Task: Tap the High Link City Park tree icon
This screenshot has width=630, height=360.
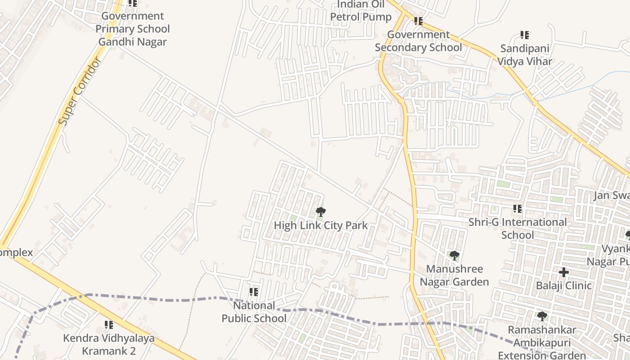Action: pos(320,211)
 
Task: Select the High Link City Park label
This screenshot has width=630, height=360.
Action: pos(321,225)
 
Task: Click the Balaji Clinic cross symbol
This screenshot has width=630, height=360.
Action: pos(563,272)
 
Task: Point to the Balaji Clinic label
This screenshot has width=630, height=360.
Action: pos(563,286)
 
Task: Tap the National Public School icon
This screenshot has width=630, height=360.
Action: pos(254,292)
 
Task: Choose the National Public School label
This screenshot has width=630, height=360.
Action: pos(254,312)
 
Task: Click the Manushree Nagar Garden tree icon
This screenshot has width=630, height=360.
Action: pos(454,256)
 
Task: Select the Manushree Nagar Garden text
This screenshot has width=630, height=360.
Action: pos(454,275)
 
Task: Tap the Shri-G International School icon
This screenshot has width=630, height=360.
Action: pos(517,209)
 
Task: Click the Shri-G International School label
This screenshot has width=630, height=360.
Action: pos(517,229)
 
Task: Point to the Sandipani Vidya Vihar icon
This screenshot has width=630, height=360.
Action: pos(524,35)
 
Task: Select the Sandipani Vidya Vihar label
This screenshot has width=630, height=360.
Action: pos(524,54)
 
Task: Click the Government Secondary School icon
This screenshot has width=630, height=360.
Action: pos(418,21)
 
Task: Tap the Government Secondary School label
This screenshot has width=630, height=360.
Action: pos(418,41)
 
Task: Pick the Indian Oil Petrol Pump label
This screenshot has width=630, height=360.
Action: pos(361,11)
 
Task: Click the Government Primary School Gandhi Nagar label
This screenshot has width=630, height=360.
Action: pos(133,29)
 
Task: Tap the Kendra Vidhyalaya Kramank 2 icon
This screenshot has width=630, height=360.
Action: pos(108,325)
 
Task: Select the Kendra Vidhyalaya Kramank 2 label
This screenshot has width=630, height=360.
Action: pos(108,344)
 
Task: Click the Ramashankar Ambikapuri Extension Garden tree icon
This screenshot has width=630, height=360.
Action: pos(542,316)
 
